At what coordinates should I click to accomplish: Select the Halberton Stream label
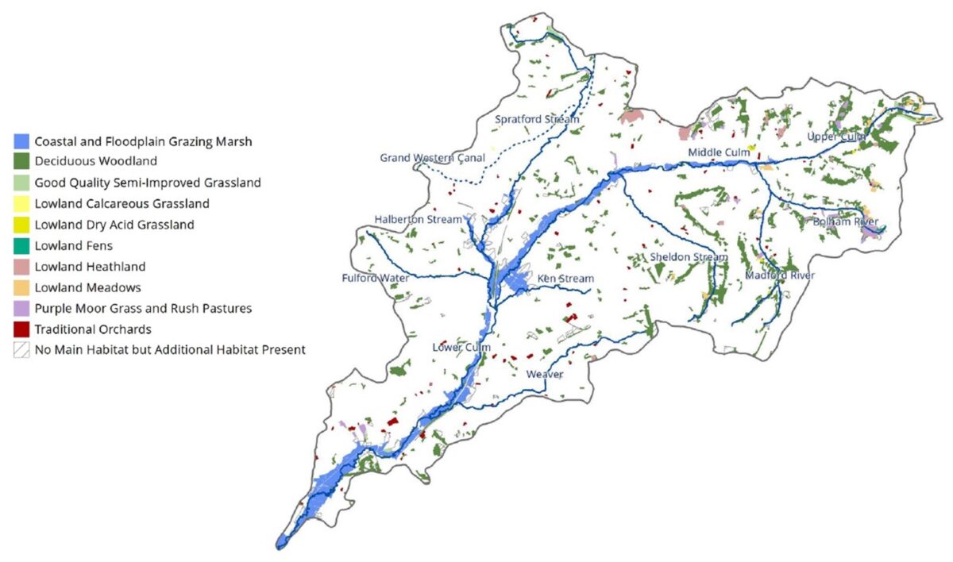coord(418,219)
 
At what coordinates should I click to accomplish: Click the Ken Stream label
coord(565,279)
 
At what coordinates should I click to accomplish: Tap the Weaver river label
coord(545,374)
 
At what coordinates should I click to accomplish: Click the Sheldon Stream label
coord(689,257)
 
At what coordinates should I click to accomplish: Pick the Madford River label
coord(780,275)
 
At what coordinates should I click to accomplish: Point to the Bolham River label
coord(846,222)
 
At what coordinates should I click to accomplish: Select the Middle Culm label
coord(719,152)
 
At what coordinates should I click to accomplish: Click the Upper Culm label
coord(836,137)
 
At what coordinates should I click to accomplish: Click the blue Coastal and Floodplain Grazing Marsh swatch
coord(21,142)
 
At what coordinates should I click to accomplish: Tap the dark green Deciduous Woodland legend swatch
coord(21,163)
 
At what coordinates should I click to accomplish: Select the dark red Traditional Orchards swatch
coord(21,329)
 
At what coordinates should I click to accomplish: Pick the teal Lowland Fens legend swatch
coord(21,246)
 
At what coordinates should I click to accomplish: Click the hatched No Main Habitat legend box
coord(21,349)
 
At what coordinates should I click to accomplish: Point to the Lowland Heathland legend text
coord(90,267)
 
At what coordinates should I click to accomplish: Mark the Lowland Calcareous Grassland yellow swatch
coord(21,204)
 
